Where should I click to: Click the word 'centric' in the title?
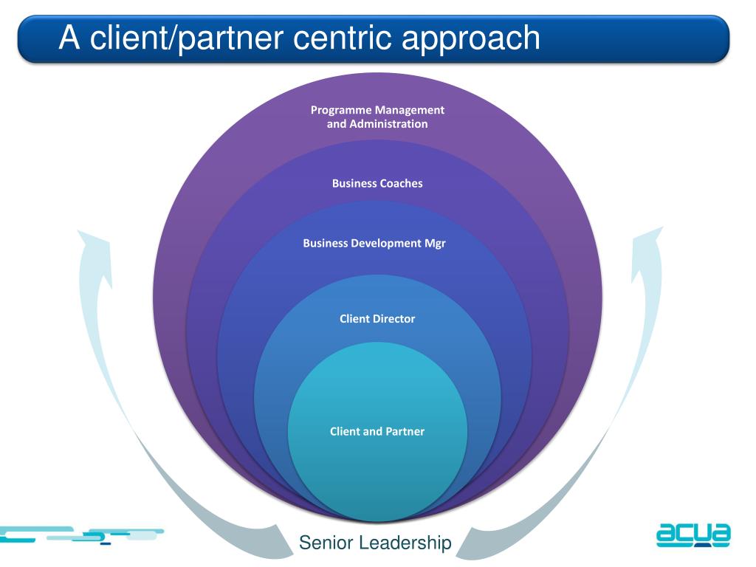(x=342, y=37)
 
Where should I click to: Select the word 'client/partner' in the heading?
(x=186, y=38)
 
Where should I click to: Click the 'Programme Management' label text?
(x=377, y=110)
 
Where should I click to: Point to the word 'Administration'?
(x=388, y=124)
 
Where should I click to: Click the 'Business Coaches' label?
(x=377, y=183)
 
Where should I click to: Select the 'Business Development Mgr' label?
(x=374, y=243)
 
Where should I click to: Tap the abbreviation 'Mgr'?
(x=435, y=244)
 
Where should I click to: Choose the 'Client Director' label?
(x=377, y=319)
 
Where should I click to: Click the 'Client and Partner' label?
(x=377, y=431)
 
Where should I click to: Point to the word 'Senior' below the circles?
(x=326, y=543)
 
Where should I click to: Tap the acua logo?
(x=693, y=535)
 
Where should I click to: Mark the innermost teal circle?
(x=377, y=431)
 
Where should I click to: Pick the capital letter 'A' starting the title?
(x=69, y=37)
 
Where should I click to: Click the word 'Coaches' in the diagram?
(x=400, y=183)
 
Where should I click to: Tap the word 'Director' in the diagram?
(x=393, y=319)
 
